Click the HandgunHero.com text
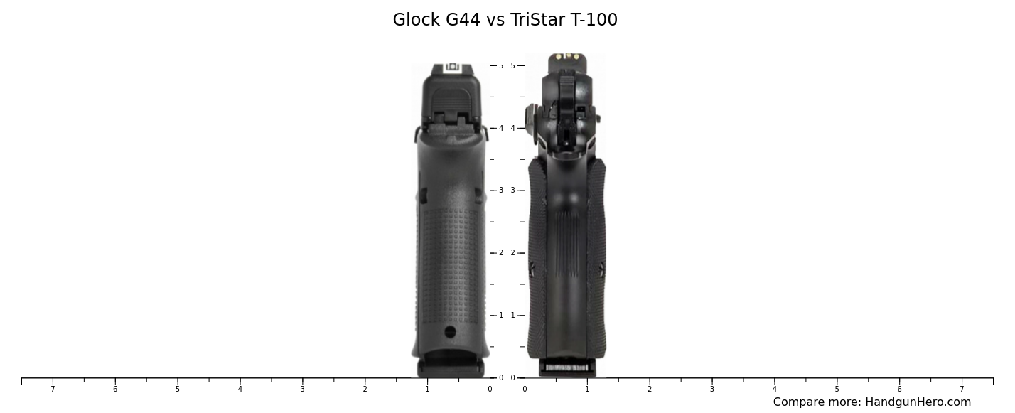pos(918,402)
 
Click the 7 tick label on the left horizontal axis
pos(53,389)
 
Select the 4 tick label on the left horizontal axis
pos(240,389)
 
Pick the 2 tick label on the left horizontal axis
pos(365,389)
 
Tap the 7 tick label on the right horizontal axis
pos(962,389)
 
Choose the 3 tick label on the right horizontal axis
pos(711,389)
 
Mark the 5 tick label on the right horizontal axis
pos(837,389)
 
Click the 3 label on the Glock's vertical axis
pos(501,191)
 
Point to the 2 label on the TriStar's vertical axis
pos(512,253)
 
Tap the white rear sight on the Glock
pos(452,68)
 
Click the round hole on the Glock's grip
pos(450,332)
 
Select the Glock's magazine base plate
pos(451,367)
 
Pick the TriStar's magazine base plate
pos(566,368)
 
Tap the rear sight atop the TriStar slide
pos(567,57)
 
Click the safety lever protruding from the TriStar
pos(531,114)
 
